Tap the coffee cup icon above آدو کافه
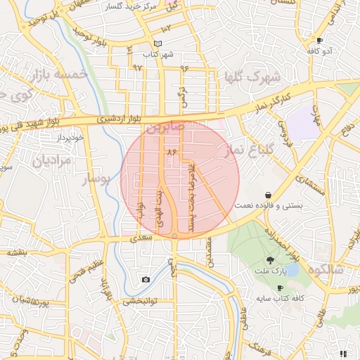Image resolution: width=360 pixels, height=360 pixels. pyautogui.click(x=320, y=40)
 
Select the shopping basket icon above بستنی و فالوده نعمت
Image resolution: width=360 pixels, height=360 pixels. pyautogui.click(x=268, y=195)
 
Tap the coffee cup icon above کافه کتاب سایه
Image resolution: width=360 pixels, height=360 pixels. pyautogui.click(x=280, y=288)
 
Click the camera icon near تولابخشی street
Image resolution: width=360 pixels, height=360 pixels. pyautogui.click(x=146, y=279)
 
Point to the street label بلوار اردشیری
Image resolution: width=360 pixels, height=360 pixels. pyautogui.click(x=111, y=119)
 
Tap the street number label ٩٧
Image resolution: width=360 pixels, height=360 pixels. pyautogui.click(x=137, y=67)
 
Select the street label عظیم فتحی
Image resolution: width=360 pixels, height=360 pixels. pyautogui.click(x=77, y=271)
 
